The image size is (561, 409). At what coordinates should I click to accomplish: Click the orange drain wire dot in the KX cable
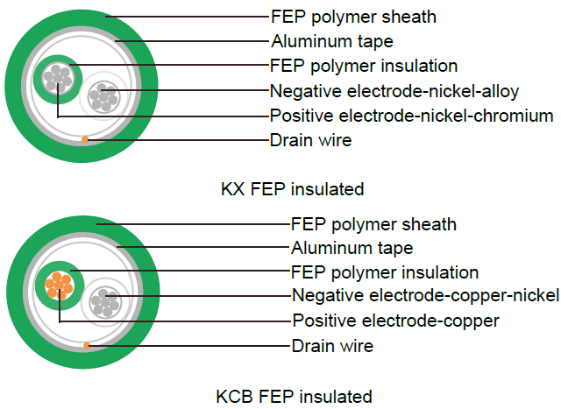pos(85,139)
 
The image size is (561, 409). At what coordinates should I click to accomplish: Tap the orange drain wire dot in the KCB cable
pos(87,345)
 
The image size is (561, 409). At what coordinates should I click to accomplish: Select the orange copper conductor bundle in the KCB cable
pos(59,286)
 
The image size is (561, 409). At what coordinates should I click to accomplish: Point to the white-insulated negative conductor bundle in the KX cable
pos(103,97)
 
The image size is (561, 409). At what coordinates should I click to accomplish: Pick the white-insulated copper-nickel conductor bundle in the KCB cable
pos(104,302)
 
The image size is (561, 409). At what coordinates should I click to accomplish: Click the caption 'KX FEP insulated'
pos(292,189)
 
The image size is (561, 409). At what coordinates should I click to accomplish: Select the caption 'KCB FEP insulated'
pos(295,397)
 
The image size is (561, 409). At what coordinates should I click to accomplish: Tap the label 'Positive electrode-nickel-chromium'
pos(411,116)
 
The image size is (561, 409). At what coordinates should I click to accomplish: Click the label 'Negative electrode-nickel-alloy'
pos(394,91)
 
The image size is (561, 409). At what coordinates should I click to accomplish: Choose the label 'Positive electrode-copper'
pos(395,321)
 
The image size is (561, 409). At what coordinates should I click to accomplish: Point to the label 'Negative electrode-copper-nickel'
pos(425,296)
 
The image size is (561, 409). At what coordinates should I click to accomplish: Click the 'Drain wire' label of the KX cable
pos(310,140)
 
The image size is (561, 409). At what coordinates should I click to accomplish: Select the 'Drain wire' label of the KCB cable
pos(332,346)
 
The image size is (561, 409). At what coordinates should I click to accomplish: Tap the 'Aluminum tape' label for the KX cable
pos(332,41)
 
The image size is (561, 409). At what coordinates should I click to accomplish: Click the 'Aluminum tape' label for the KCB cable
pos(352,248)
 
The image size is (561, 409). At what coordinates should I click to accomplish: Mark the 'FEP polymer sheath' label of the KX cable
pos(353,18)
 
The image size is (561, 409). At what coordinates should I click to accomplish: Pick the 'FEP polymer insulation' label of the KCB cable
pos(385,272)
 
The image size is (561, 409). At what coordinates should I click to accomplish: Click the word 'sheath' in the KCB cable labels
pos(429,224)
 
